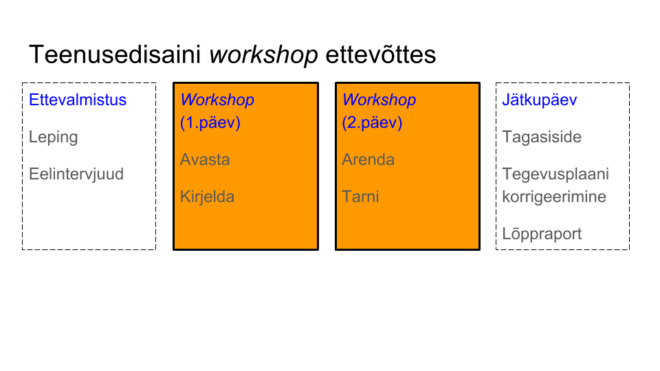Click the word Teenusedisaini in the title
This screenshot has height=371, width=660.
coord(115,55)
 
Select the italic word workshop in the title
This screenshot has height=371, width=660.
coord(263,56)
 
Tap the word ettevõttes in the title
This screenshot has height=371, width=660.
coord(380,55)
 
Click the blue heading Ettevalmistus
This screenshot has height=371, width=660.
coord(78,100)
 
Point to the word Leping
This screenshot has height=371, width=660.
coord(54,137)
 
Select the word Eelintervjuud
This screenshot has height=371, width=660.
coord(76,175)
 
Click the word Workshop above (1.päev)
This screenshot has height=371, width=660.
coord(217,100)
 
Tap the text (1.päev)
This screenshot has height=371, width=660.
coord(210,123)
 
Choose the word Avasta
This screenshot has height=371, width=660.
coord(205,160)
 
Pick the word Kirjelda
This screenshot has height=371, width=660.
coord(207,197)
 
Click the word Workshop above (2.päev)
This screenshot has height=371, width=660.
coord(379,100)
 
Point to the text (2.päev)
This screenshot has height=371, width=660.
coord(372,123)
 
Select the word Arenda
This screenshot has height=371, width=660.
coord(368,160)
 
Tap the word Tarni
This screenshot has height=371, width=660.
coord(360,197)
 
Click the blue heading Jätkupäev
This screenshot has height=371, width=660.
coord(540,100)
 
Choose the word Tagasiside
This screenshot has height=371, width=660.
coord(542,137)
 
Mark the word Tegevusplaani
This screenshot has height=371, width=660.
coord(555,175)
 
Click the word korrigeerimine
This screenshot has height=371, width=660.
coord(554,197)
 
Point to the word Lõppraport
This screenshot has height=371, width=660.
coord(542,234)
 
